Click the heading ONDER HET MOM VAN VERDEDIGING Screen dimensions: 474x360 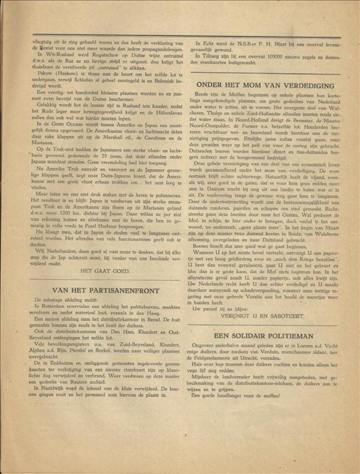click(x=265, y=85)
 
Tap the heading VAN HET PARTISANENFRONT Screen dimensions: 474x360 click(x=105, y=290)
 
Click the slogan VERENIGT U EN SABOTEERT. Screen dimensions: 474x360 click(x=263, y=315)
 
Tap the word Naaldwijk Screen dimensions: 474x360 click(x=53, y=387)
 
